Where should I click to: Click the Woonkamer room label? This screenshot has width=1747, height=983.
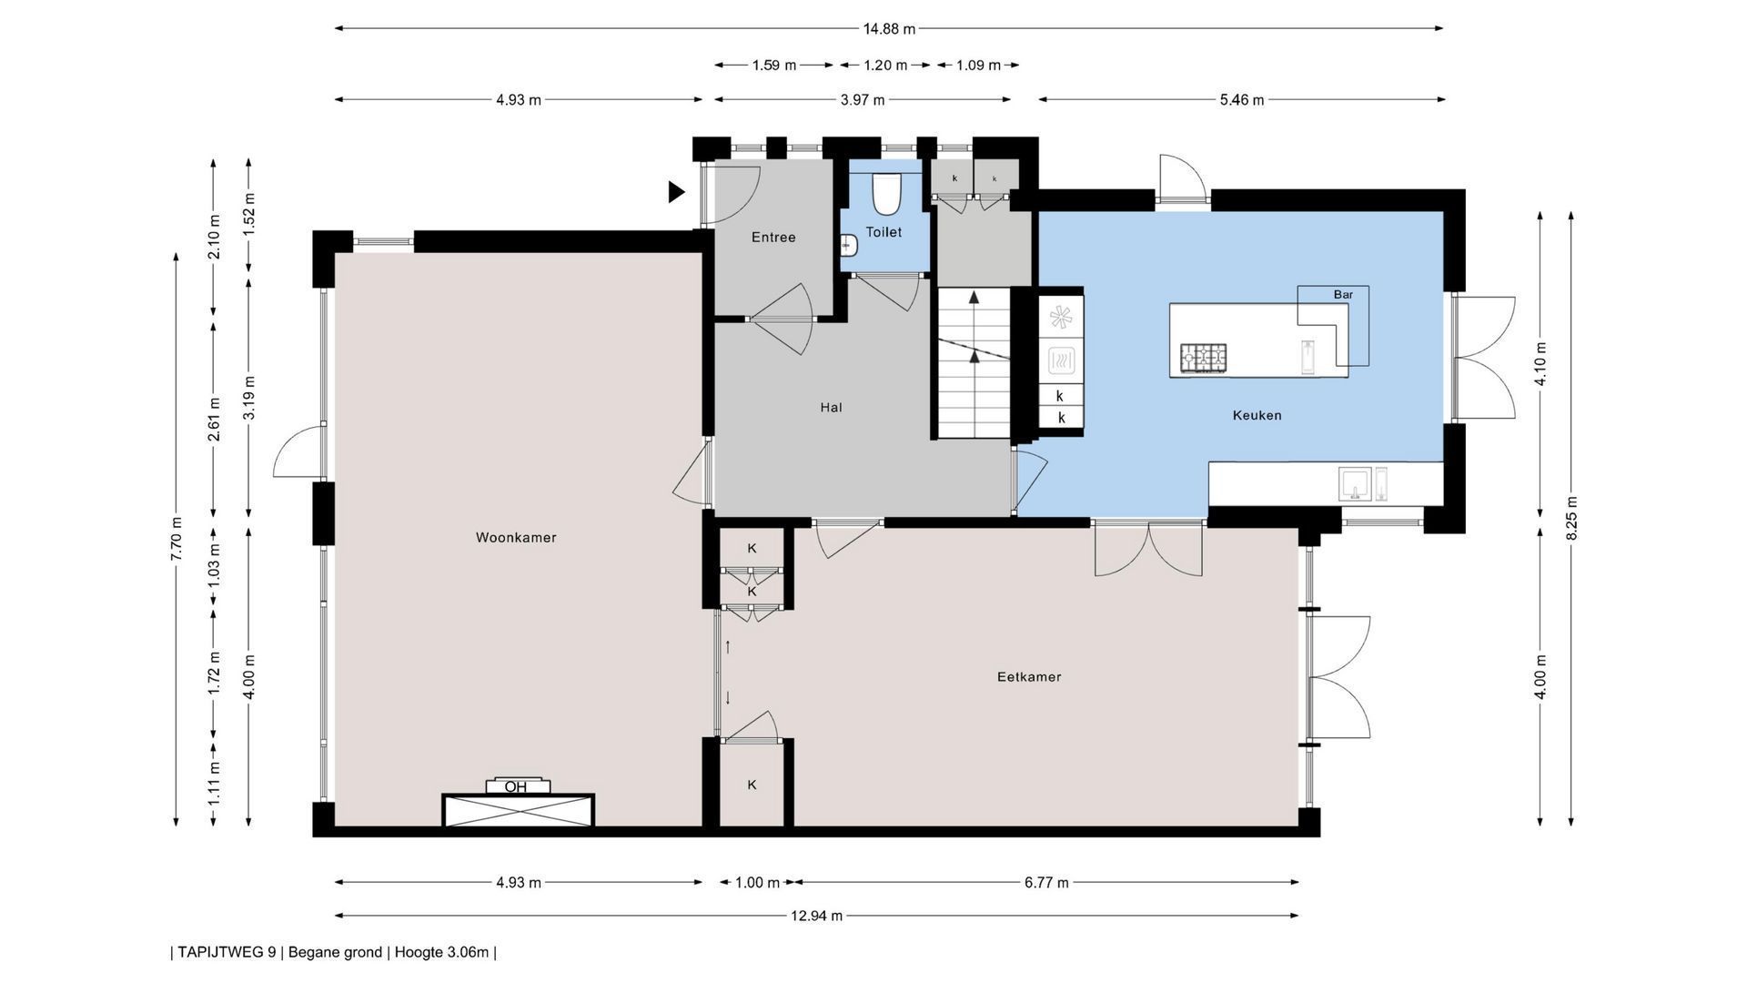click(x=516, y=537)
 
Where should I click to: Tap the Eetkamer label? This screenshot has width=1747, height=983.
click(x=1029, y=676)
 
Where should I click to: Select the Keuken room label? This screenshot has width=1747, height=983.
click(x=1257, y=415)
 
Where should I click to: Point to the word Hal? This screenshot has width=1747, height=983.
click(x=831, y=407)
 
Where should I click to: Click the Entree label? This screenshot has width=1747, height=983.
click(x=773, y=237)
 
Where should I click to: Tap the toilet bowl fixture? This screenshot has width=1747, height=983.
click(x=885, y=192)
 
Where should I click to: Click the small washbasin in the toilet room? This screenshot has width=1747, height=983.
click(x=848, y=245)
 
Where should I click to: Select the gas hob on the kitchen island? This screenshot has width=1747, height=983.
click(x=1203, y=358)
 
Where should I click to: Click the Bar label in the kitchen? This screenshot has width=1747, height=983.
click(x=1343, y=294)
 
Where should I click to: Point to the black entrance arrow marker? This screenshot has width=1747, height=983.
click(x=676, y=191)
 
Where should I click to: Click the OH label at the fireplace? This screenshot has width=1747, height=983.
click(x=516, y=787)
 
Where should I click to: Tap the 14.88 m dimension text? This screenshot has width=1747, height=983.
click(x=889, y=28)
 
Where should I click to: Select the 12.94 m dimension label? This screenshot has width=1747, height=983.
click(x=816, y=916)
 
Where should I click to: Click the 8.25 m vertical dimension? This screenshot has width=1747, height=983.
click(x=1571, y=517)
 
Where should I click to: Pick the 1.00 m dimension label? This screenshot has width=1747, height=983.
click(x=757, y=882)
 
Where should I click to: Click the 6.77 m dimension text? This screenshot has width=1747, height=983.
click(x=1046, y=882)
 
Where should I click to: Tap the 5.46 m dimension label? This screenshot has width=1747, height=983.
click(x=1241, y=99)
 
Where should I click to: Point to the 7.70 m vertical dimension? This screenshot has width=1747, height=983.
click(x=177, y=539)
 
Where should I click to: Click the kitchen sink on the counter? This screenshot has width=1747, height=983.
click(x=1356, y=483)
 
